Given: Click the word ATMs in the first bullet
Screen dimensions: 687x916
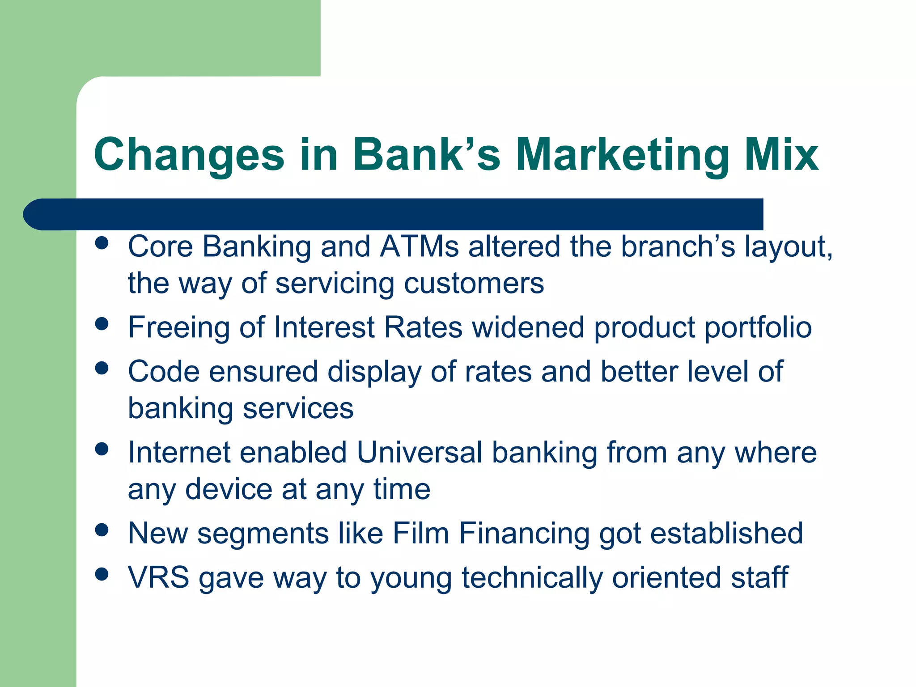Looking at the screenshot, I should coord(419,246).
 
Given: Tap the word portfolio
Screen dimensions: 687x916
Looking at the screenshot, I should coord(758,328).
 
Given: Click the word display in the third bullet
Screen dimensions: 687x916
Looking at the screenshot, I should coord(374,372).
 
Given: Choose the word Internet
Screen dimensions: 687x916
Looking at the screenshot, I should coord(178,452).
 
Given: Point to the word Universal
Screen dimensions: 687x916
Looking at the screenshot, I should coord(419,452).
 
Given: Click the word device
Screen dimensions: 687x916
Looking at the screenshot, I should coord(229,489).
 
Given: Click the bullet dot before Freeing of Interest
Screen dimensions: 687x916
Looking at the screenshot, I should coord(102,323).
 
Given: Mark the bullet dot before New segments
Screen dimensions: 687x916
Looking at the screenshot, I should coord(102,530).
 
